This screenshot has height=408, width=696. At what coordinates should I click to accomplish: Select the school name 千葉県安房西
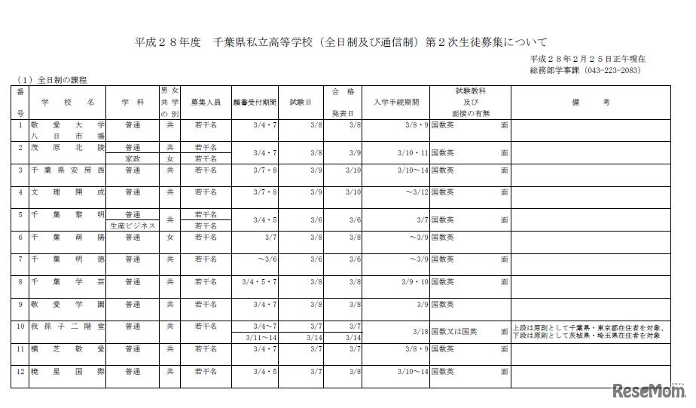coord(68,170)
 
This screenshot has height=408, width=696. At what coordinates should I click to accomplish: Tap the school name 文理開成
coord(68,192)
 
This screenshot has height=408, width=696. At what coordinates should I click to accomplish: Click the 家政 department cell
coord(133,158)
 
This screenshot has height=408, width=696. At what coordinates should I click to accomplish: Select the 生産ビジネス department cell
coord(133,225)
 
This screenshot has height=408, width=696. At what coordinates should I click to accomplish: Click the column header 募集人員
coord(204,101)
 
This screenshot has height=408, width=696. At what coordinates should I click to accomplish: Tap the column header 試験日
coord(299,101)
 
